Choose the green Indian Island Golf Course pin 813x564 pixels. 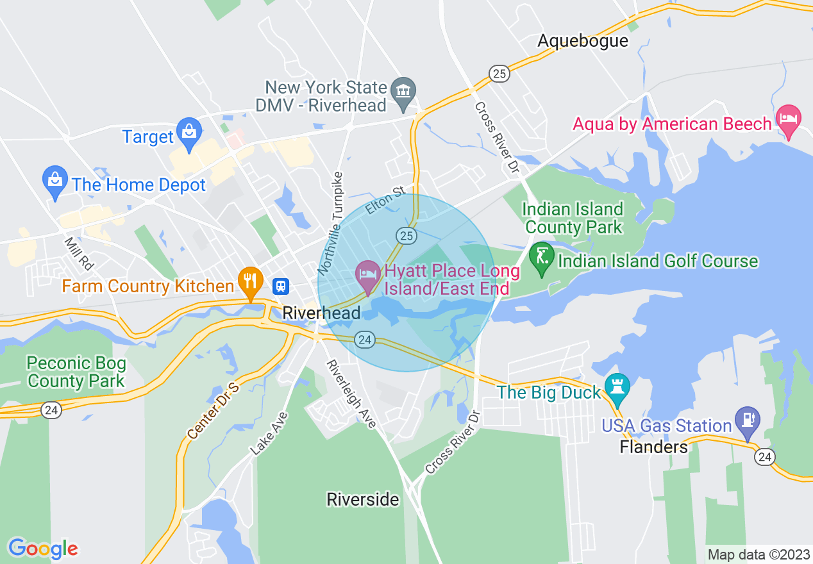pyautogui.click(x=542, y=258)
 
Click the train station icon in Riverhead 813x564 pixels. pyautogui.click(x=280, y=286)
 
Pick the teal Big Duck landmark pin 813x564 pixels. pyautogui.click(x=617, y=388)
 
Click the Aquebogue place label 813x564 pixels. pyautogui.click(x=583, y=41)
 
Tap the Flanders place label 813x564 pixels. pyautogui.click(x=654, y=447)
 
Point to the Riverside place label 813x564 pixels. pyautogui.click(x=363, y=499)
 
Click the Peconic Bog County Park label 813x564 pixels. pyautogui.click(x=76, y=372)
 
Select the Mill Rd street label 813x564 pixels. pyautogui.click(x=79, y=254)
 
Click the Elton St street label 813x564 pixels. pyautogui.click(x=385, y=200)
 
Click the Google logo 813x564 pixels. pyautogui.click(x=43, y=549)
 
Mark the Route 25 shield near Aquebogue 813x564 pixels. pyautogui.click(x=499, y=74)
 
